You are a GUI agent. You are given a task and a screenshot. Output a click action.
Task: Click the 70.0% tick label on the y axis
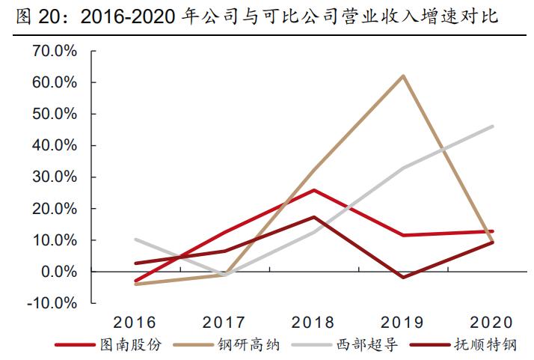(x=54, y=51)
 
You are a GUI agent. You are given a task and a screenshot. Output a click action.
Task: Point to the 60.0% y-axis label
(x=54, y=82)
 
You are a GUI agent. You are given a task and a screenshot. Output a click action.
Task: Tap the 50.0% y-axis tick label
(x=54, y=114)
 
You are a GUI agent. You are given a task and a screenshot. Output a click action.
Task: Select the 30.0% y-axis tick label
(x=54, y=177)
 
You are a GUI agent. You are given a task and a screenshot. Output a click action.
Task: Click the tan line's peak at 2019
(x=404, y=76)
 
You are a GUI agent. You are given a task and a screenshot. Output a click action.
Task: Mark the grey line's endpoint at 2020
(x=493, y=126)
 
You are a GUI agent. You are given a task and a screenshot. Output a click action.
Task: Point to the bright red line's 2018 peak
(x=314, y=190)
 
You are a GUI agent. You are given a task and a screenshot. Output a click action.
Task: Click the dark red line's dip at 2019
(x=404, y=278)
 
